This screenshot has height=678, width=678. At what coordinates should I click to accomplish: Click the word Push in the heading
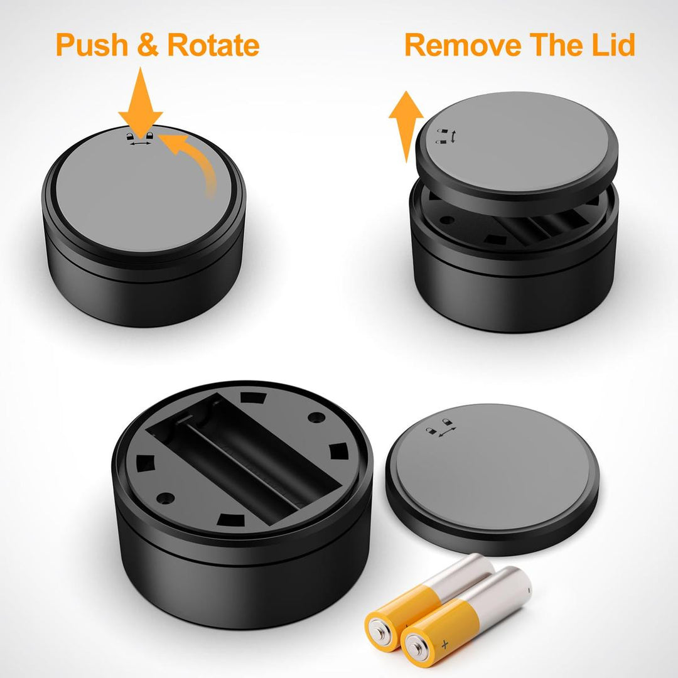pyautogui.click(x=92, y=45)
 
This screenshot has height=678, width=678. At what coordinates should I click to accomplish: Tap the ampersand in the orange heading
pyautogui.click(x=148, y=45)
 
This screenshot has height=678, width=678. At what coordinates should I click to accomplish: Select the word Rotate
pyautogui.click(x=213, y=45)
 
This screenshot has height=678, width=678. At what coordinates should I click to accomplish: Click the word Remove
pyautogui.click(x=463, y=45)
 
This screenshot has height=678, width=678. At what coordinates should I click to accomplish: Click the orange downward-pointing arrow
pyautogui.click(x=141, y=103)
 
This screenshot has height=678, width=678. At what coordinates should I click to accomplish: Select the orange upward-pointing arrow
pyautogui.click(x=406, y=126)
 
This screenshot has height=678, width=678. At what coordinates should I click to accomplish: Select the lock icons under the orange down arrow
pyautogui.click(x=139, y=138)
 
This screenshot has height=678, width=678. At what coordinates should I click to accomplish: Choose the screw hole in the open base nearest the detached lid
pyautogui.click(x=316, y=417)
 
